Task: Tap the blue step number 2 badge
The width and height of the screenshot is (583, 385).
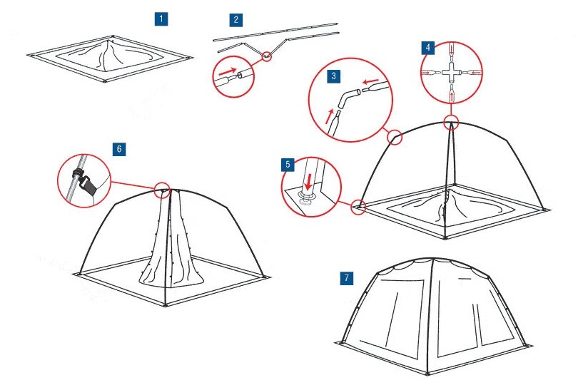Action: pyautogui.click(x=235, y=19)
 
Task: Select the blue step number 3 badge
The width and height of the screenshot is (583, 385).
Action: pyautogui.click(x=333, y=75)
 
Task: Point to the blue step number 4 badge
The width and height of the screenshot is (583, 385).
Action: pyautogui.click(x=428, y=48)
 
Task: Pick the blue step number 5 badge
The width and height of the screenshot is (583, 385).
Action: pyautogui.click(x=288, y=165)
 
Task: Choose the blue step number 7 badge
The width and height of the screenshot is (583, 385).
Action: pyautogui.click(x=347, y=277)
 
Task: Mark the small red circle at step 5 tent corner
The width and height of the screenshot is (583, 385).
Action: pyautogui.click(x=359, y=207)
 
